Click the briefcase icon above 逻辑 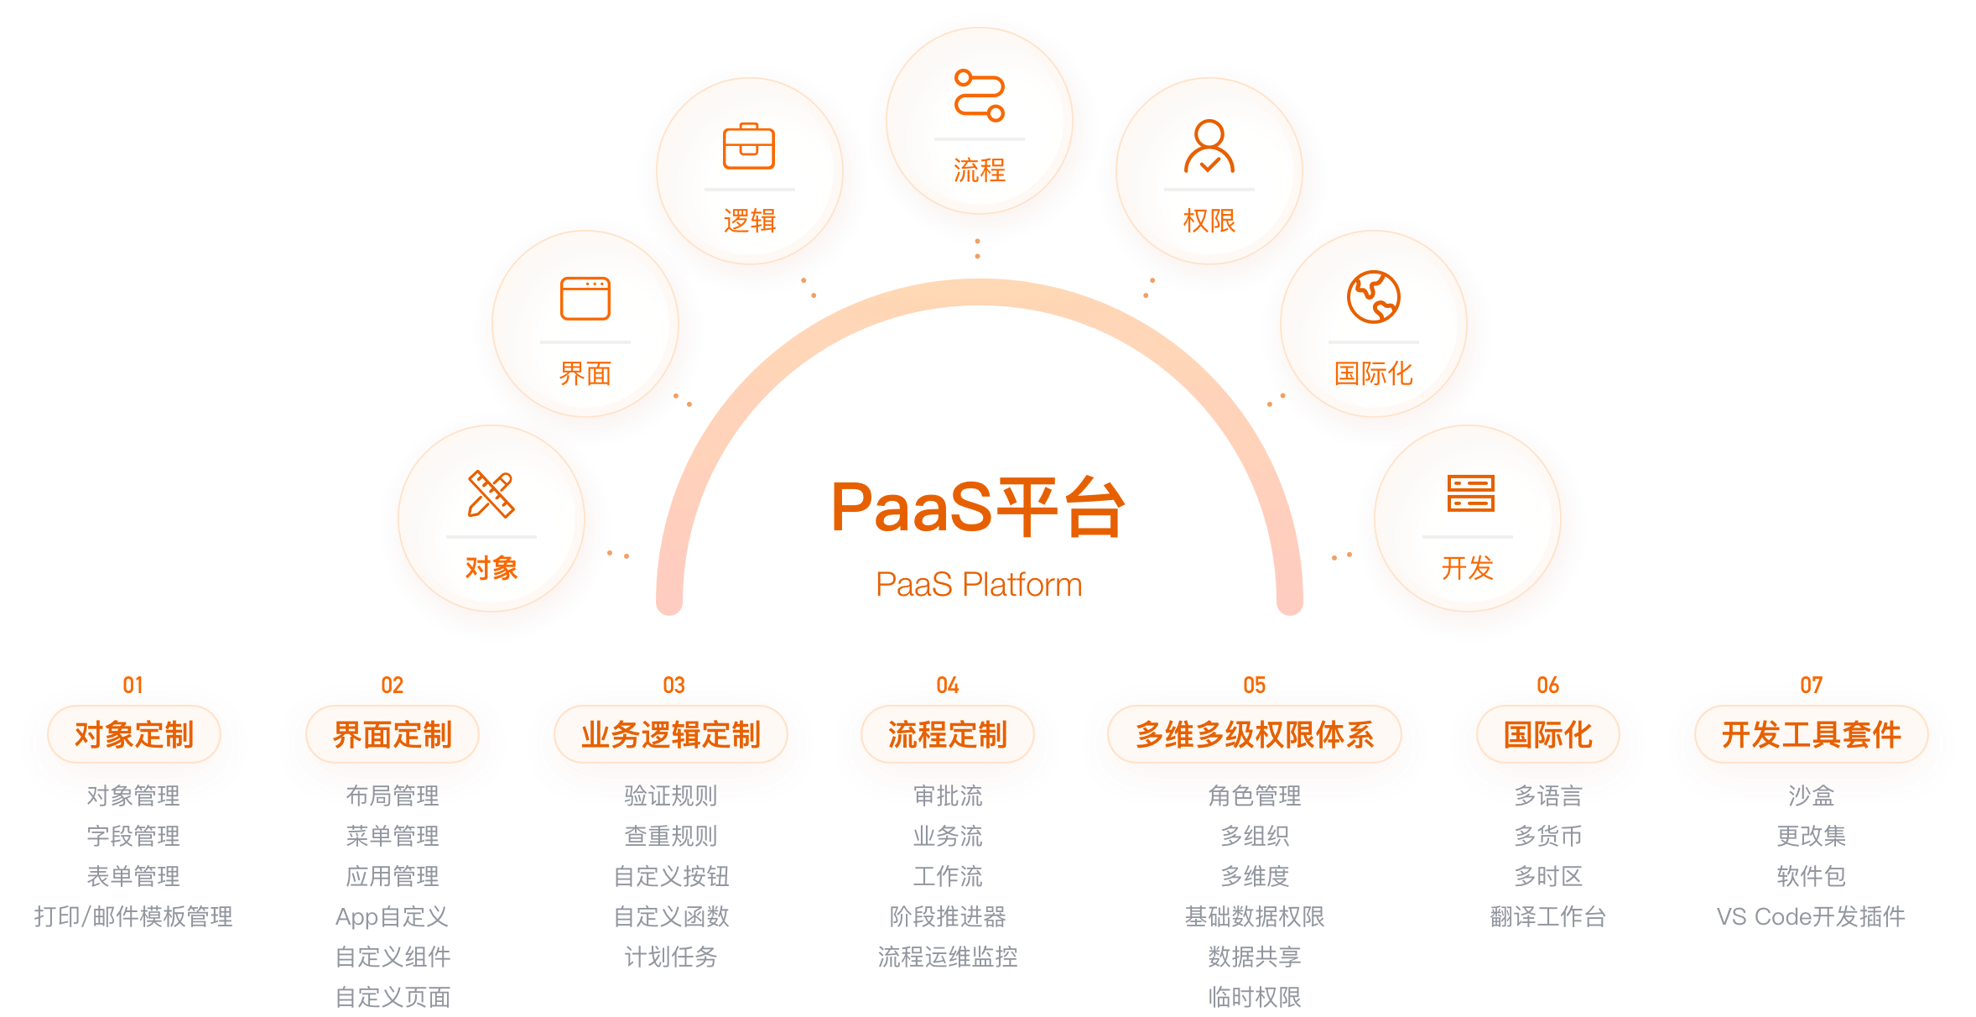pos(749,147)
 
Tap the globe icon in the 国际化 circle pos(1374,297)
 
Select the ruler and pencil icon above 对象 pos(491,494)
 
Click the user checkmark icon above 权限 pos(1209,147)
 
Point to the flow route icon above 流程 pos(979,96)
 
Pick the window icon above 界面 pos(585,299)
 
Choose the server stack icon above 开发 pos(1470,493)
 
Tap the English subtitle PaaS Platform pos(979,585)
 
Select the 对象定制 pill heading pos(134,735)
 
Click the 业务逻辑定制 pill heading pos(671,735)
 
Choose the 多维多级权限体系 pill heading pos(1255,735)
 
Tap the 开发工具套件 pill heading pos(1812,735)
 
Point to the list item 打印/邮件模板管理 pos(133,916)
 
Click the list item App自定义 pos(393,916)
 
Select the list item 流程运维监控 pos(948,957)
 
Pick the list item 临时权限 pos(1255,997)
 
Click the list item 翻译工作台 pos(1548,916)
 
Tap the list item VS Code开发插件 pos(1812,916)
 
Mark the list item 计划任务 pos(671,957)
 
